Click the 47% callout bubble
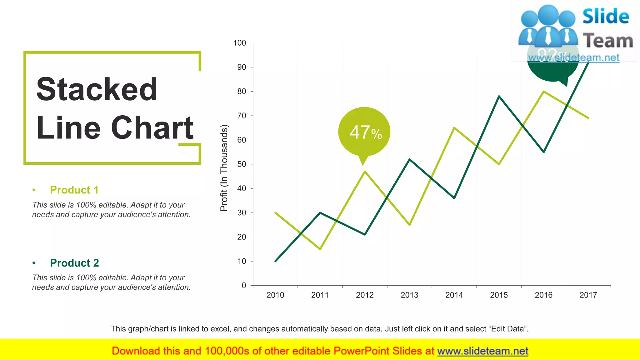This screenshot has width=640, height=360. [x=364, y=132]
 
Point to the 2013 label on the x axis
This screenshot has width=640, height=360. [x=409, y=295]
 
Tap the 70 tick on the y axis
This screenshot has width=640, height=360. [x=242, y=116]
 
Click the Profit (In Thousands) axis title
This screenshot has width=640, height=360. [x=224, y=168]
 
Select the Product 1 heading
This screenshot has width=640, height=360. [x=74, y=190]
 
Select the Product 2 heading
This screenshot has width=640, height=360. [x=74, y=263]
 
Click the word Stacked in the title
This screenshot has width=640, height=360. [x=97, y=90]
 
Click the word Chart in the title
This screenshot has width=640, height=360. [x=152, y=127]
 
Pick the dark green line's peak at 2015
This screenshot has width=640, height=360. [x=499, y=96]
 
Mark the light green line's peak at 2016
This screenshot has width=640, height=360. [x=544, y=92]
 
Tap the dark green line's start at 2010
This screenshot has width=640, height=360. [x=275, y=261]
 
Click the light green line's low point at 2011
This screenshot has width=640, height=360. [x=320, y=249]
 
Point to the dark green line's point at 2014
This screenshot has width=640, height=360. [x=454, y=198]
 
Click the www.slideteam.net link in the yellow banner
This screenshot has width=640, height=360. [x=482, y=351]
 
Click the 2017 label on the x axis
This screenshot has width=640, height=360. [x=588, y=295]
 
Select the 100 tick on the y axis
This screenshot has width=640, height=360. [x=240, y=43]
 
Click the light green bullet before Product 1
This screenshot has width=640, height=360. [x=34, y=190]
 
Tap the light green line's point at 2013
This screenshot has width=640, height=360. [x=409, y=225]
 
